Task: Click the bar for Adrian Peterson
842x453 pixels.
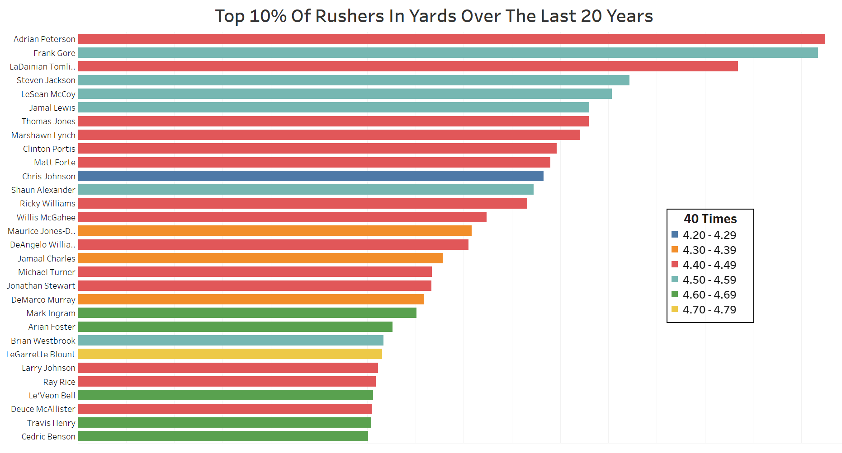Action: point(451,39)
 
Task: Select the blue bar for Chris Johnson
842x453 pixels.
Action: point(311,176)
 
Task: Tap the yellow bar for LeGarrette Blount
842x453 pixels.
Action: point(230,354)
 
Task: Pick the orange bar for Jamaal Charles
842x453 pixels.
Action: point(260,258)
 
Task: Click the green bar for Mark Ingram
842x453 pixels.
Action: point(247,313)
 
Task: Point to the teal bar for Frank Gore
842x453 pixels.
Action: point(448,53)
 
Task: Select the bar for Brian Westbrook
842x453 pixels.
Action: point(231,341)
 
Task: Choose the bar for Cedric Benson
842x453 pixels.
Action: point(223,436)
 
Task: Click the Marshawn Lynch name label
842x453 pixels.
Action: point(43,135)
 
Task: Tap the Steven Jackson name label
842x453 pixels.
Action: point(46,80)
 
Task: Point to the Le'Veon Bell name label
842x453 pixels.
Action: point(52,396)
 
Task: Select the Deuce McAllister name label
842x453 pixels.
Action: point(43,409)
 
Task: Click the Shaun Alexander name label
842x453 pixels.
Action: point(43,190)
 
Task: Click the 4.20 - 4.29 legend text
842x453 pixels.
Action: point(709,235)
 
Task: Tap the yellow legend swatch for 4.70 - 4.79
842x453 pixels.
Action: point(675,309)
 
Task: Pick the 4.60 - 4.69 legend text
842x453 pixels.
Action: point(709,295)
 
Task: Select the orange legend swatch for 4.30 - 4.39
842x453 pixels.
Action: point(675,250)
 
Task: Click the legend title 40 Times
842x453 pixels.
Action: point(710,219)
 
